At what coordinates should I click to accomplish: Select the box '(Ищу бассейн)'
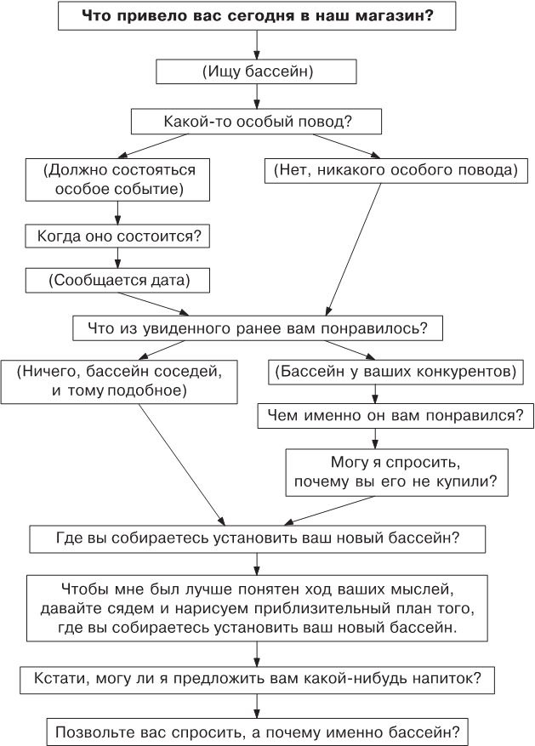(x=258, y=72)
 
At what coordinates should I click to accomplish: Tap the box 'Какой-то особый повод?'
(x=258, y=122)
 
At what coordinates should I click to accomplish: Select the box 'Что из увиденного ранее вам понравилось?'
(x=257, y=327)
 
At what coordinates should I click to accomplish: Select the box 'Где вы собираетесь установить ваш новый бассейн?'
(x=258, y=538)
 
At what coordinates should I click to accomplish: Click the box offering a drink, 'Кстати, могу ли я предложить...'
(x=258, y=680)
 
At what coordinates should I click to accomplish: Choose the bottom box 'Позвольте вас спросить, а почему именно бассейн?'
(x=258, y=731)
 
